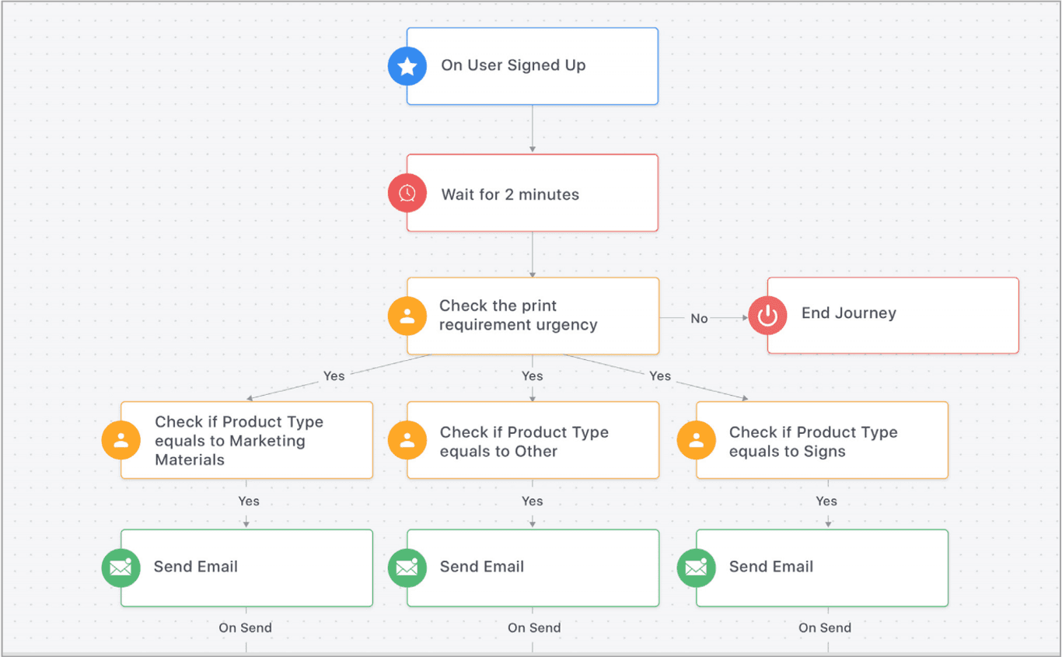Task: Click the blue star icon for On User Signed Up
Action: coord(407,66)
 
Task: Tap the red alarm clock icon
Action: coord(407,193)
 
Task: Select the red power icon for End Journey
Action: coord(767,316)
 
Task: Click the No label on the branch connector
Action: coord(699,318)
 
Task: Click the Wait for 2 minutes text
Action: coord(510,194)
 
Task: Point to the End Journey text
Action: coord(848,313)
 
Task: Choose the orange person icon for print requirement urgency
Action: coord(407,316)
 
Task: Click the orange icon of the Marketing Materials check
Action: coord(121,440)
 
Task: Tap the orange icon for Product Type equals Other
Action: coord(407,440)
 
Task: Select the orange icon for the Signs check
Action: coord(697,440)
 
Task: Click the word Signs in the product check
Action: coord(823,452)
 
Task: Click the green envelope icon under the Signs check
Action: coord(697,568)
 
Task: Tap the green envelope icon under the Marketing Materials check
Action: coord(121,568)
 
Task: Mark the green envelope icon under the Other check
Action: coord(407,568)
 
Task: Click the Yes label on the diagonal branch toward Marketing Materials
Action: coord(334,376)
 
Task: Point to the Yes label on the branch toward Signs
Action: coord(660,376)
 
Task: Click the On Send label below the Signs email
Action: coord(825,627)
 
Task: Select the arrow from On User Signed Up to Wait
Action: coord(533,129)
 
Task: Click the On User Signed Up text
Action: coord(513,65)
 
